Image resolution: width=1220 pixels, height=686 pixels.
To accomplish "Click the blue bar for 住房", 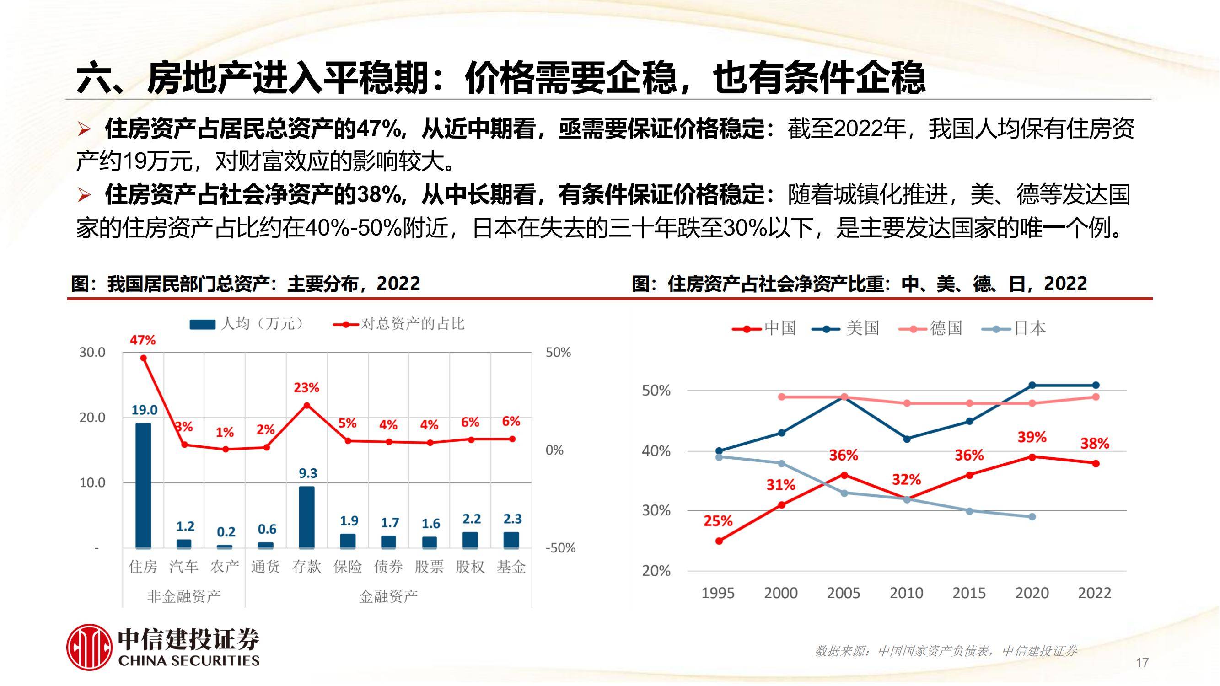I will [143, 485].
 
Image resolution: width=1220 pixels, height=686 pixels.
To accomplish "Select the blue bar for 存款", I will [306, 517].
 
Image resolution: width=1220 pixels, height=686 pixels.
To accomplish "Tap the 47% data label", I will [143, 340].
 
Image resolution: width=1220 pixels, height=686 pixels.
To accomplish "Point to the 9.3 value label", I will [308, 473].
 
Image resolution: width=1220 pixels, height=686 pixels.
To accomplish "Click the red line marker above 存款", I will [306, 405].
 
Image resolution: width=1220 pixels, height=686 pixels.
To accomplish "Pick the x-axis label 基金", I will [511, 566].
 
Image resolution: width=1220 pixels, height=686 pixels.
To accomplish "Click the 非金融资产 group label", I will [184, 596].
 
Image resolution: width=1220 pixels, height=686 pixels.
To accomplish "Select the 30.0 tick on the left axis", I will [92, 352].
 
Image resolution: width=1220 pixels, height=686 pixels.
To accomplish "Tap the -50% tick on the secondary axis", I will [560, 548].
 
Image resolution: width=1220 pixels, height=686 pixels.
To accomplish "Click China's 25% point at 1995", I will [719, 541].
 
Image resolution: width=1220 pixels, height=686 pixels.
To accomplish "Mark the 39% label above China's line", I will [1032, 437].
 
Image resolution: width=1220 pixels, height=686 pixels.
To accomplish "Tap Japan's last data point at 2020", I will [1032, 516].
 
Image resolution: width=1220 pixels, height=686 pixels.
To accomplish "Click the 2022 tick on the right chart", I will [1095, 593].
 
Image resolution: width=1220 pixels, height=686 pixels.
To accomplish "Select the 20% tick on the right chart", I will [656, 571].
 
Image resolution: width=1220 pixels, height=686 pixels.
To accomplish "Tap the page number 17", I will [1142, 662].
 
